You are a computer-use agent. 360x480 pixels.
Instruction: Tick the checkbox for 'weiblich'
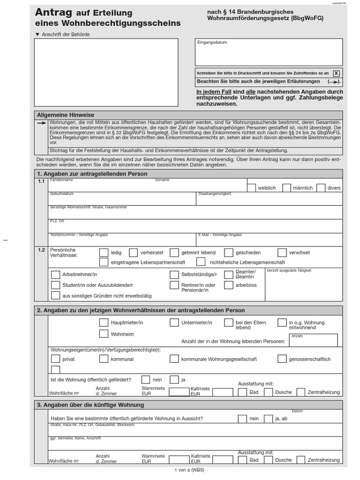[x=251, y=187]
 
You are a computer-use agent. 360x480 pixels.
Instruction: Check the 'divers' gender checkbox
[x=321, y=187]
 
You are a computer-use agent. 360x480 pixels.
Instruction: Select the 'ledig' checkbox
[x=104, y=253]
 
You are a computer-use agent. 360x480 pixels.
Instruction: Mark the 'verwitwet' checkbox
[x=282, y=253]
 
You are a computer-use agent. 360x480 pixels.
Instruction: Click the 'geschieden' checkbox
[x=229, y=253]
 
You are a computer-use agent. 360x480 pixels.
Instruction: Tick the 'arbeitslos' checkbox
[x=229, y=285]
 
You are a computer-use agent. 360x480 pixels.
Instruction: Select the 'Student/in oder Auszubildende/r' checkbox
[x=55, y=285]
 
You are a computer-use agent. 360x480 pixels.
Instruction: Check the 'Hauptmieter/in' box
[x=104, y=322]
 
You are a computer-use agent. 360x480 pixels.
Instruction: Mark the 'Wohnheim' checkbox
[x=104, y=334]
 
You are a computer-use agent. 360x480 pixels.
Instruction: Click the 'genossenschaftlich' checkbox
[x=282, y=359]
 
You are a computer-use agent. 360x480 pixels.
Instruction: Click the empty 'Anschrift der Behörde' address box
[x=106, y=72]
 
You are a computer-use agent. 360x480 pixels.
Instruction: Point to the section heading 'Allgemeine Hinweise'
[x=66, y=115]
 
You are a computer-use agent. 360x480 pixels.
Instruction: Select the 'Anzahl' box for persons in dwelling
[x=313, y=341]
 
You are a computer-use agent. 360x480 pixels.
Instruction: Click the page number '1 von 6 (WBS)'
[x=189, y=470]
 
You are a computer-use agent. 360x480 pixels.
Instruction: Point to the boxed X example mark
[x=336, y=74]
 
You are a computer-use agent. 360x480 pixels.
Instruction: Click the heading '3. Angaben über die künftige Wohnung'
[x=90, y=405]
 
